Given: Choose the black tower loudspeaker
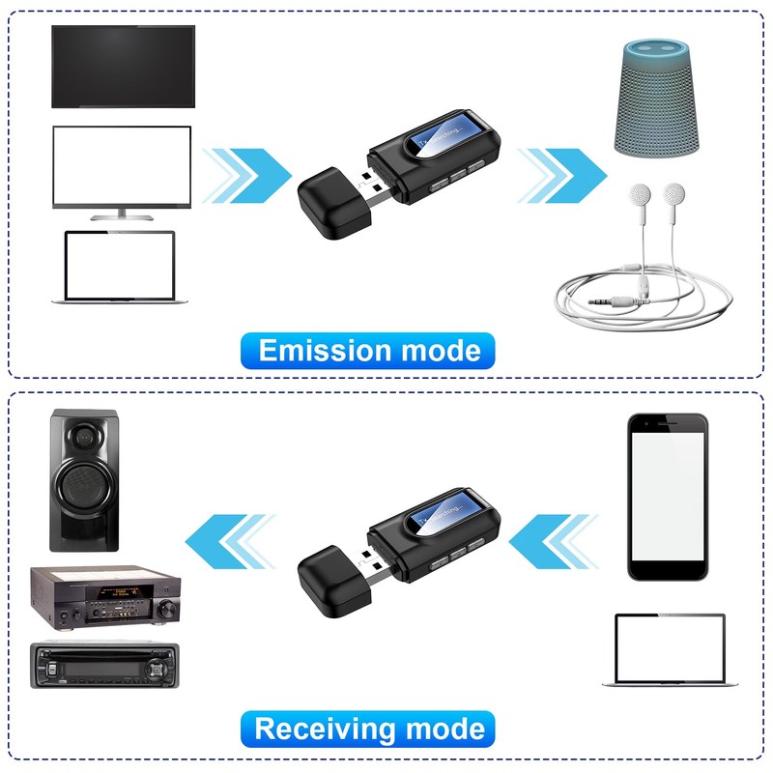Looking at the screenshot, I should tap(84, 479).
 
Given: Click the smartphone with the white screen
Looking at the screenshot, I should tap(666, 497).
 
